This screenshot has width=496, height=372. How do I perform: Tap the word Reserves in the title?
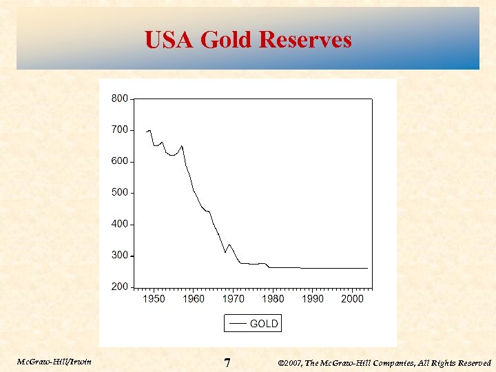pyautogui.click(x=305, y=39)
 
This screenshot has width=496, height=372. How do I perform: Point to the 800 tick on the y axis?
pyautogui.click(x=119, y=99)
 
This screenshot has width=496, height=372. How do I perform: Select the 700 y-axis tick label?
pyautogui.click(x=119, y=130)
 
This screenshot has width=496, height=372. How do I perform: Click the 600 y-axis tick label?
pyautogui.click(x=119, y=161)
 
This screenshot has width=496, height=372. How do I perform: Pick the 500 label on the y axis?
pyautogui.click(x=119, y=192)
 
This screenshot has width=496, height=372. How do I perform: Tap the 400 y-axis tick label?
pyautogui.click(x=119, y=224)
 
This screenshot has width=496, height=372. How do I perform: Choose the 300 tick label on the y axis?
pyautogui.click(x=119, y=256)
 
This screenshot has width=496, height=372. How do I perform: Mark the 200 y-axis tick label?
pyautogui.click(x=119, y=287)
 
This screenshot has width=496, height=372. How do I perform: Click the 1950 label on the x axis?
pyautogui.click(x=154, y=299)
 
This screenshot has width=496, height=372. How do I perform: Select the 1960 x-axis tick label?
pyautogui.click(x=194, y=299)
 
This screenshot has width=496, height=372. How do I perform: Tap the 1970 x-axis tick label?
pyautogui.click(x=233, y=299)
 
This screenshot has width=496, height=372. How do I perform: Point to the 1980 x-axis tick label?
pyautogui.click(x=273, y=299)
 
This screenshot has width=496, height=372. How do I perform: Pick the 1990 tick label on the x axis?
pyautogui.click(x=313, y=299)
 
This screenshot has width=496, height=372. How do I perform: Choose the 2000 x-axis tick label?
pyautogui.click(x=352, y=299)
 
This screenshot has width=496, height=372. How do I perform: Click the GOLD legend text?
pyautogui.click(x=264, y=323)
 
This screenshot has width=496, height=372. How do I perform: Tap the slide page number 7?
pyautogui.click(x=227, y=362)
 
